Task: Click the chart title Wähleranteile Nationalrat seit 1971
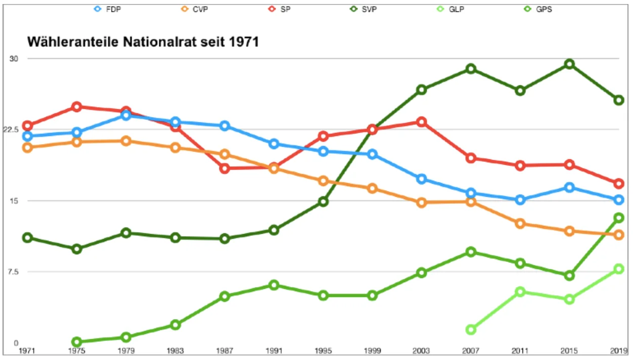tap(143, 42)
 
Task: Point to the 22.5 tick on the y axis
tap(11, 129)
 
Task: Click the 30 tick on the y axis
tap(14, 59)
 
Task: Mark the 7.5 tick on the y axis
tap(12, 272)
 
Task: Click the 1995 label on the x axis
tap(323, 350)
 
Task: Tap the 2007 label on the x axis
tap(471, 350)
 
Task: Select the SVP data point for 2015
tap(569, 64)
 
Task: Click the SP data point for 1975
tap(77, 106)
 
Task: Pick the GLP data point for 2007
tap(471, 330)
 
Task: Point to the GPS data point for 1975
tap(77, 342)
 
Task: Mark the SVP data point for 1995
tap(323, 202)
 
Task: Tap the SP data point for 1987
tap(224, 168)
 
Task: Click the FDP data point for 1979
tap(126, 116)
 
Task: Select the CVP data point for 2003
tap(421, 203)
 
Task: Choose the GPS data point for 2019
tap(618, 218)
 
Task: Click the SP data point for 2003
tap(421, 122)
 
